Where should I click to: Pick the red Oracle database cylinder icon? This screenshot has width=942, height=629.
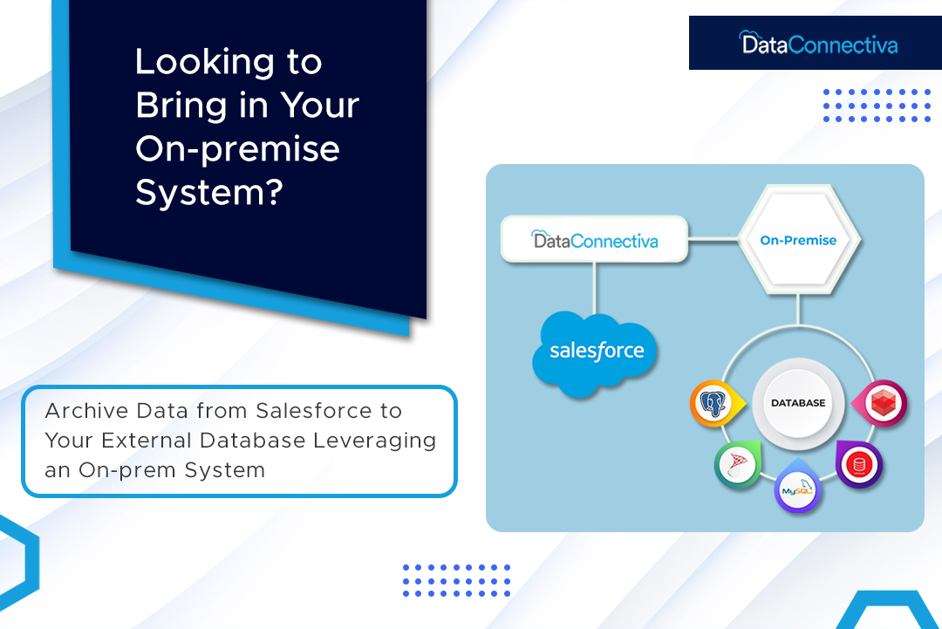pyautogui.click(x=859, y=463)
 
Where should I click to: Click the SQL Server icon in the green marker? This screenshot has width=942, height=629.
pyautogui.click(x=736, y=464)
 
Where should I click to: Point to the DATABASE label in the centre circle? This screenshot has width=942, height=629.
pyautogui.click(x=797, y=403)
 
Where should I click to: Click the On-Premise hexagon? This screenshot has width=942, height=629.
pyautogui.click(x=798, y=240)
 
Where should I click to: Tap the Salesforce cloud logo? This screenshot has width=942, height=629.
pyautogui.click(x=597, y=352)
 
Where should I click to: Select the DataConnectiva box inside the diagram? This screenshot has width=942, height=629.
pyautogui.click(x=594, y=240)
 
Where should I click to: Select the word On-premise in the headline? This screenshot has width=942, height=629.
pyautogui.click(x=237, y=148)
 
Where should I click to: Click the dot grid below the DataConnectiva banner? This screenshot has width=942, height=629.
pyautogui.click(x=876, y=105)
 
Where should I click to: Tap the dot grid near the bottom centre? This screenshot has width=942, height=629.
pyautogui.click(x=456, y=580)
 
